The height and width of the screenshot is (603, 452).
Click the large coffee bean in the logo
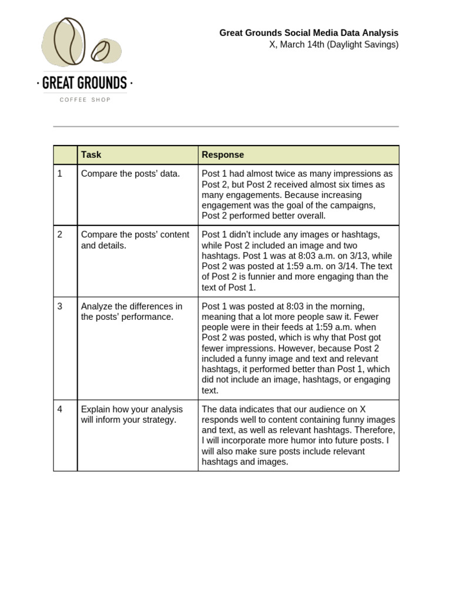(x=69, y=41)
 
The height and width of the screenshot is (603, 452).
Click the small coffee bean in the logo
(x=101, y=51)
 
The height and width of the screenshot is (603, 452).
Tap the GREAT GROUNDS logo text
(x=85, y=83)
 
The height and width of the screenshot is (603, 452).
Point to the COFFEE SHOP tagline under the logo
(x=85, y=100)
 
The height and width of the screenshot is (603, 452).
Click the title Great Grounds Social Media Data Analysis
(x=308, y=33)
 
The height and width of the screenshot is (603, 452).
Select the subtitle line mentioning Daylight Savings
(x=334, y=45)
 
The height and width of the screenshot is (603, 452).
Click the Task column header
(x=91, y=155)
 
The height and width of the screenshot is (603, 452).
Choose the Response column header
(x=222, y=155)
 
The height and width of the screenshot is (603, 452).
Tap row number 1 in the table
(x=60, y=174)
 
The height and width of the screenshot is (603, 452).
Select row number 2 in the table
(x=60, y=234)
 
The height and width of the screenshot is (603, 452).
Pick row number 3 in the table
(x=60, y=306)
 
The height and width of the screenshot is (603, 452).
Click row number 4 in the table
(x=60, y=409)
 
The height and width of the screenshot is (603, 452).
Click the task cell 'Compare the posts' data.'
(x=130, y=174)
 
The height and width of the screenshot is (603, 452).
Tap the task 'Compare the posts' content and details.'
(x=135, y=240)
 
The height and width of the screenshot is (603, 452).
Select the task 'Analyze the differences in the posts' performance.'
(x=131, y=312)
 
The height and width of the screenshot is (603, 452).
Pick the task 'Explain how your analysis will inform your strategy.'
(x=132, y=415)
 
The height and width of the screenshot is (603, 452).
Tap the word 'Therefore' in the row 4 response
(x=374, y=430)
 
